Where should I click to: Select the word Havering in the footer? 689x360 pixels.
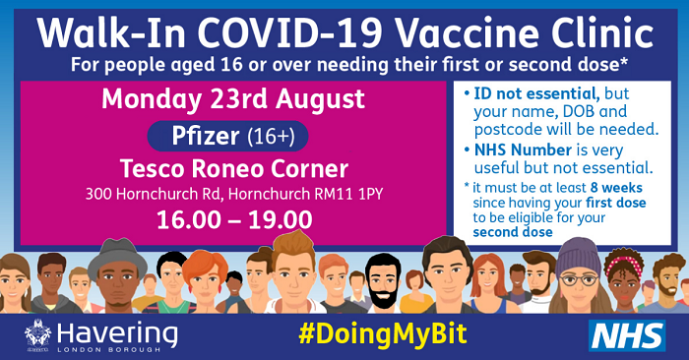click(x=117, y=330)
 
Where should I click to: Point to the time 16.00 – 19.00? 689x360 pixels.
click(x=233, y=218)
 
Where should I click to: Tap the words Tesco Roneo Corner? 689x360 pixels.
click(x=233, y=163)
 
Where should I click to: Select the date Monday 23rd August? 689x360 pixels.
click(x=233, y=99)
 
